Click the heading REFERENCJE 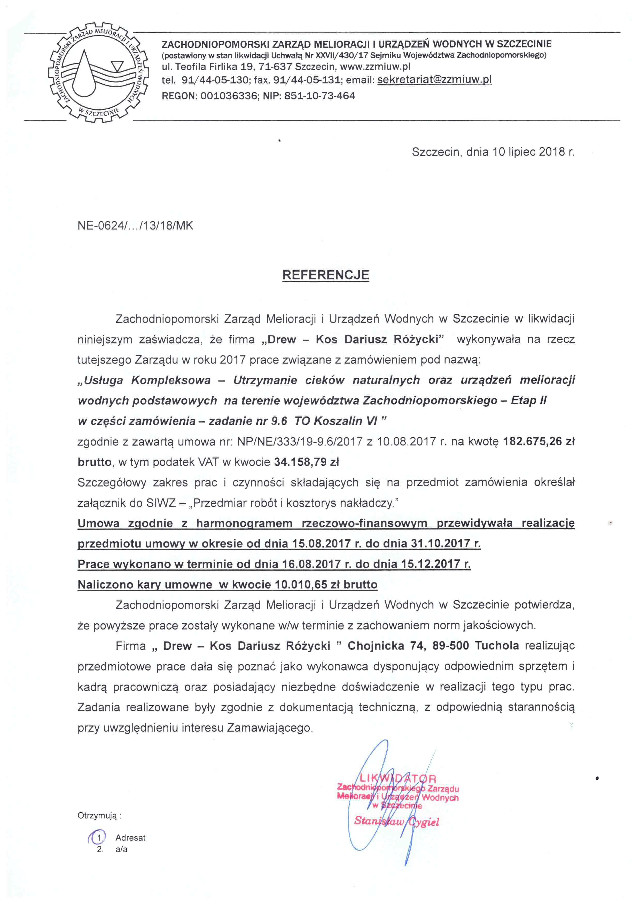pos(325,275)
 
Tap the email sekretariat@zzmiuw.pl pos(434,80)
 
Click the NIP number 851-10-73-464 pos(319,96)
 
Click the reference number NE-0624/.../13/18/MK pos(135,225)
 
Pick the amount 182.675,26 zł pos(538,441)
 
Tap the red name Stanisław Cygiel pos(396,822)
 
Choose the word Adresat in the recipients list pos(130,838)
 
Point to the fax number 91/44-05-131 pos(306,80)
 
